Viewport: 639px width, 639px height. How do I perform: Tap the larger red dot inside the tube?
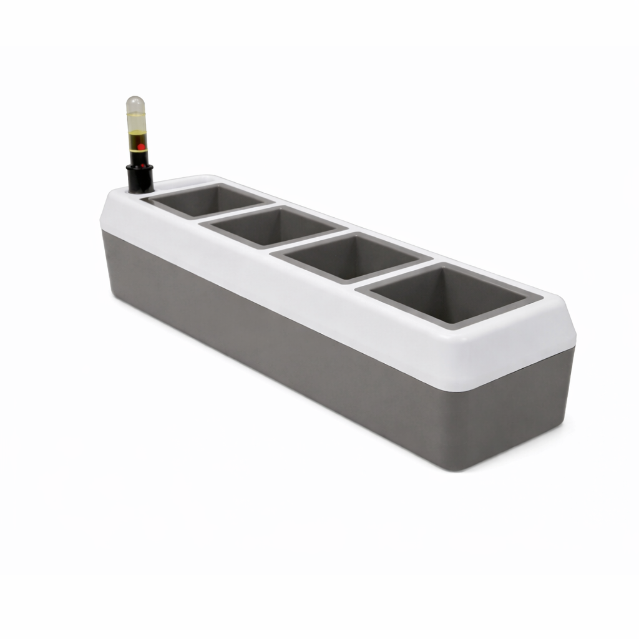click(x=141, y=147)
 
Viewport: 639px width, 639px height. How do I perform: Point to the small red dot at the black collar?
click(x=142, y=166)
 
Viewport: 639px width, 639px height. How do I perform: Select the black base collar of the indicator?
click(x=140, y=178)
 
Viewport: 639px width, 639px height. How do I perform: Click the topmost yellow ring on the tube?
click(x=136, y=114)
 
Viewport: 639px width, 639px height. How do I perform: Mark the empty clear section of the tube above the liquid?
click(x=136, y=123)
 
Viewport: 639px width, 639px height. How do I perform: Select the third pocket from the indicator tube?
click(x=353, y=256)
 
